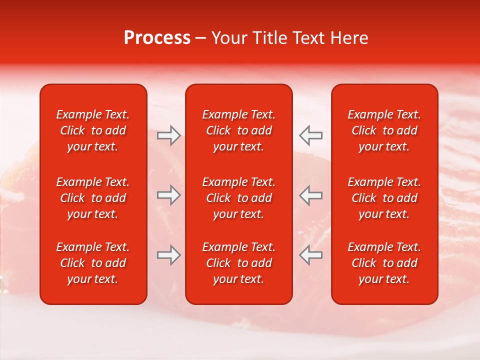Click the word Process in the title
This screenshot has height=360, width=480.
[157, 38]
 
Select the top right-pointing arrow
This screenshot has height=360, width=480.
[169, 135]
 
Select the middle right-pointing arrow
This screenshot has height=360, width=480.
[169, 195]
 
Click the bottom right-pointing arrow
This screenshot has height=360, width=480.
[169, 255]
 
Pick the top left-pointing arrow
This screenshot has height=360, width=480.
[310, 135]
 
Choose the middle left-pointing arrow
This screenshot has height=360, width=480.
[310, 195]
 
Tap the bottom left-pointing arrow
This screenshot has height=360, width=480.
[310, 255]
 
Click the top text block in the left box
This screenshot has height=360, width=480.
[93, 130]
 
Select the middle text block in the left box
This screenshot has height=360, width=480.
[93, 198]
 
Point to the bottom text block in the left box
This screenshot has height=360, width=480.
[93, 263]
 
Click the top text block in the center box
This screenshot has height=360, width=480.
[239, 130]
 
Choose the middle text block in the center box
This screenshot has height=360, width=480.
[239, 198]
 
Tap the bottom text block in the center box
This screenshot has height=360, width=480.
[239, 263]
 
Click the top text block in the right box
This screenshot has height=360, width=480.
[384, 130]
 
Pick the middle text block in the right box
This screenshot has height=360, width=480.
[384, 198]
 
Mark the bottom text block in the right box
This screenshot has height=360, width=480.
[384, 263]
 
